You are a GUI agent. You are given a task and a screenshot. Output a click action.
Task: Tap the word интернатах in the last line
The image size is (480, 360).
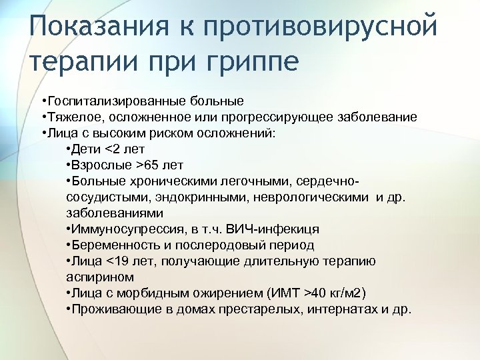tap(341, 309)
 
